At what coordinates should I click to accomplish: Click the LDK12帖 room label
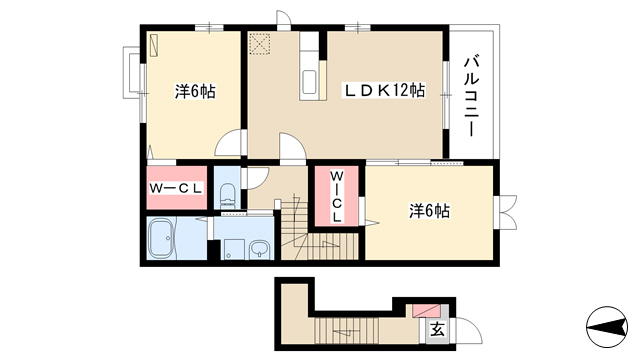[x=384, y=91]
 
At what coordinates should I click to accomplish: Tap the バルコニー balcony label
[x=471, y=96]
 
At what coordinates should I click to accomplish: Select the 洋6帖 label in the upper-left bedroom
[x=195, y=91]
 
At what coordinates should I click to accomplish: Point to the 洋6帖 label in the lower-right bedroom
[x=429, y=211]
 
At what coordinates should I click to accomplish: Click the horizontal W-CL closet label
[x=176, y=188]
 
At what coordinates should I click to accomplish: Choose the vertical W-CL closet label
[x=336, y=196]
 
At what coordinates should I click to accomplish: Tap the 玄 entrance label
[x=437, y=329]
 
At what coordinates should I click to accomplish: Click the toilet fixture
[x=228, y=194]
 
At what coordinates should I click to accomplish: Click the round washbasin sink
[x=259, y=249]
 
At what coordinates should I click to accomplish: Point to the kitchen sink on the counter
[x=309, y=81]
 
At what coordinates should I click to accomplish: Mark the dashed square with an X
[x=260, y=44]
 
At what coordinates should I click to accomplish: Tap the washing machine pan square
[x=234, y=249]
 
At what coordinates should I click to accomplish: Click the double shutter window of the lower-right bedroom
[x=506, y=212]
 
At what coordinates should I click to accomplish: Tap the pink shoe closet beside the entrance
[x=426, y=310]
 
